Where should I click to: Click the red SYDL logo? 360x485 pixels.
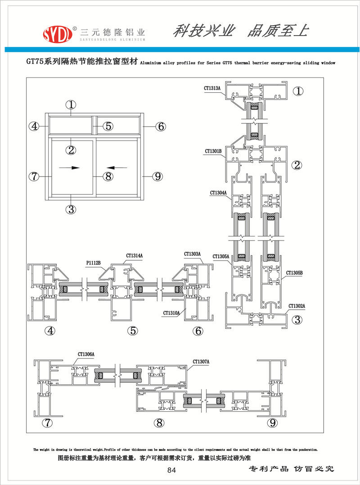pyautogui.click(x=58, y=33)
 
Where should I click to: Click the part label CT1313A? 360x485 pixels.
pyautogui.click(x=213, y=88)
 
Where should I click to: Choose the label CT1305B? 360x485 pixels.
pyautogui.click(x=294, y=272)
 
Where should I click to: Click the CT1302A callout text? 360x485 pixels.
pyautogui.click(x=297, y=306)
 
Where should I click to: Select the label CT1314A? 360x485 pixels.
pyautogui.click(x=134, y=256)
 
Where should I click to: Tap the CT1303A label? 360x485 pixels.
pyautogui.click(x=193, y=254)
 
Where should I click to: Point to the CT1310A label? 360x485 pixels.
pyautogui.click(x=172, y=313)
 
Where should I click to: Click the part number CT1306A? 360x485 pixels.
pyautogui.click(x=84, y=354)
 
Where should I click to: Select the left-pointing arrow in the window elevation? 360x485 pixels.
pyautogui.click(x=118, y=168)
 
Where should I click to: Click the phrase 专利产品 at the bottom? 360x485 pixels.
pyautogui.click(x=268, y=469)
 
